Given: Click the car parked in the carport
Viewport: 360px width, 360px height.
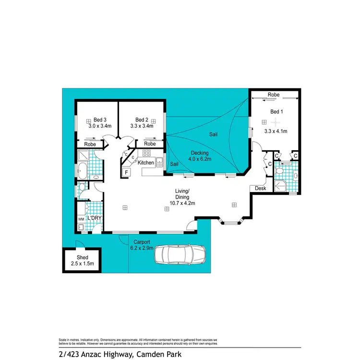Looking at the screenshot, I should point(180,255).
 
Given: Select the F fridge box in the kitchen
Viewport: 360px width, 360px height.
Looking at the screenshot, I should point(126,172).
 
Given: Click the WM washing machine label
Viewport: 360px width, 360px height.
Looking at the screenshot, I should point(81,220).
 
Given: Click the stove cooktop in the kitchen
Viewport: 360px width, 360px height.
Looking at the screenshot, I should point(147,153).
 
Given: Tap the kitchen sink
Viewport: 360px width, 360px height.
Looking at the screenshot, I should point(159,164).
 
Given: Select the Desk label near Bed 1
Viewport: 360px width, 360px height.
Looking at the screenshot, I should point(261,189).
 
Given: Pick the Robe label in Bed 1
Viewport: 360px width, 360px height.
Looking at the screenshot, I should point(274,95).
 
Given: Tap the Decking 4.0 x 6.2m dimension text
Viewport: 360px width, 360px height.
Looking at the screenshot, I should point(199,159).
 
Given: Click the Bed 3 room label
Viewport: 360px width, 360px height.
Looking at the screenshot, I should point(100,120).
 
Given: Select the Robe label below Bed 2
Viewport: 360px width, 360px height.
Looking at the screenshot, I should point(150,144).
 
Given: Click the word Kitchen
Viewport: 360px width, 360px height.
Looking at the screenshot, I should point(146,163).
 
